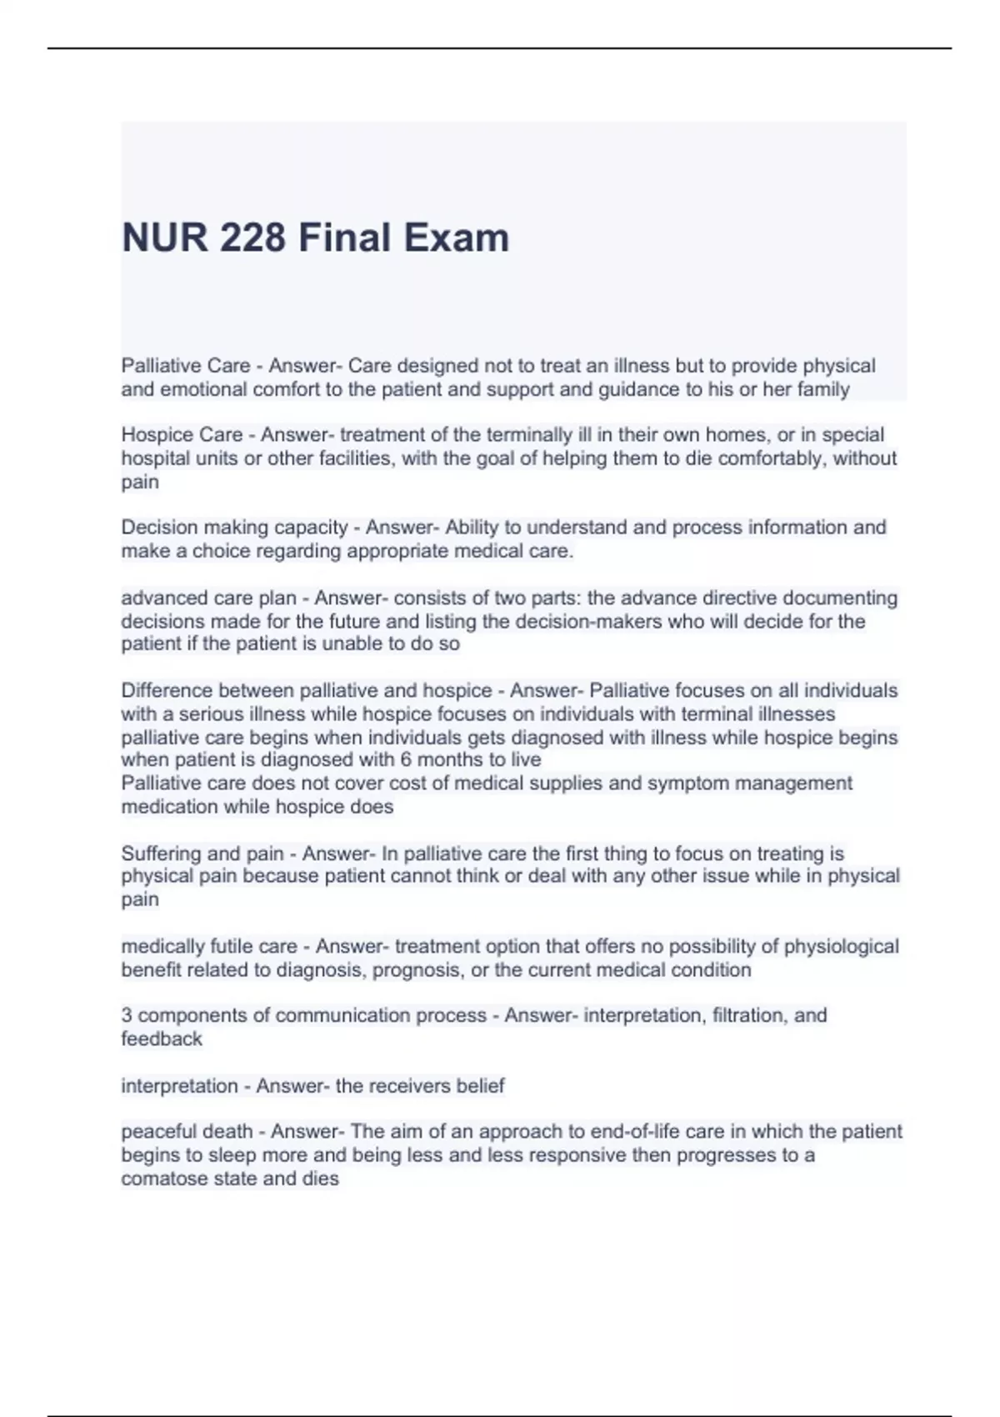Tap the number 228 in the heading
[252, 238]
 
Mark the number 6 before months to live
[405, 760]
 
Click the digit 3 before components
[127, 1016]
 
